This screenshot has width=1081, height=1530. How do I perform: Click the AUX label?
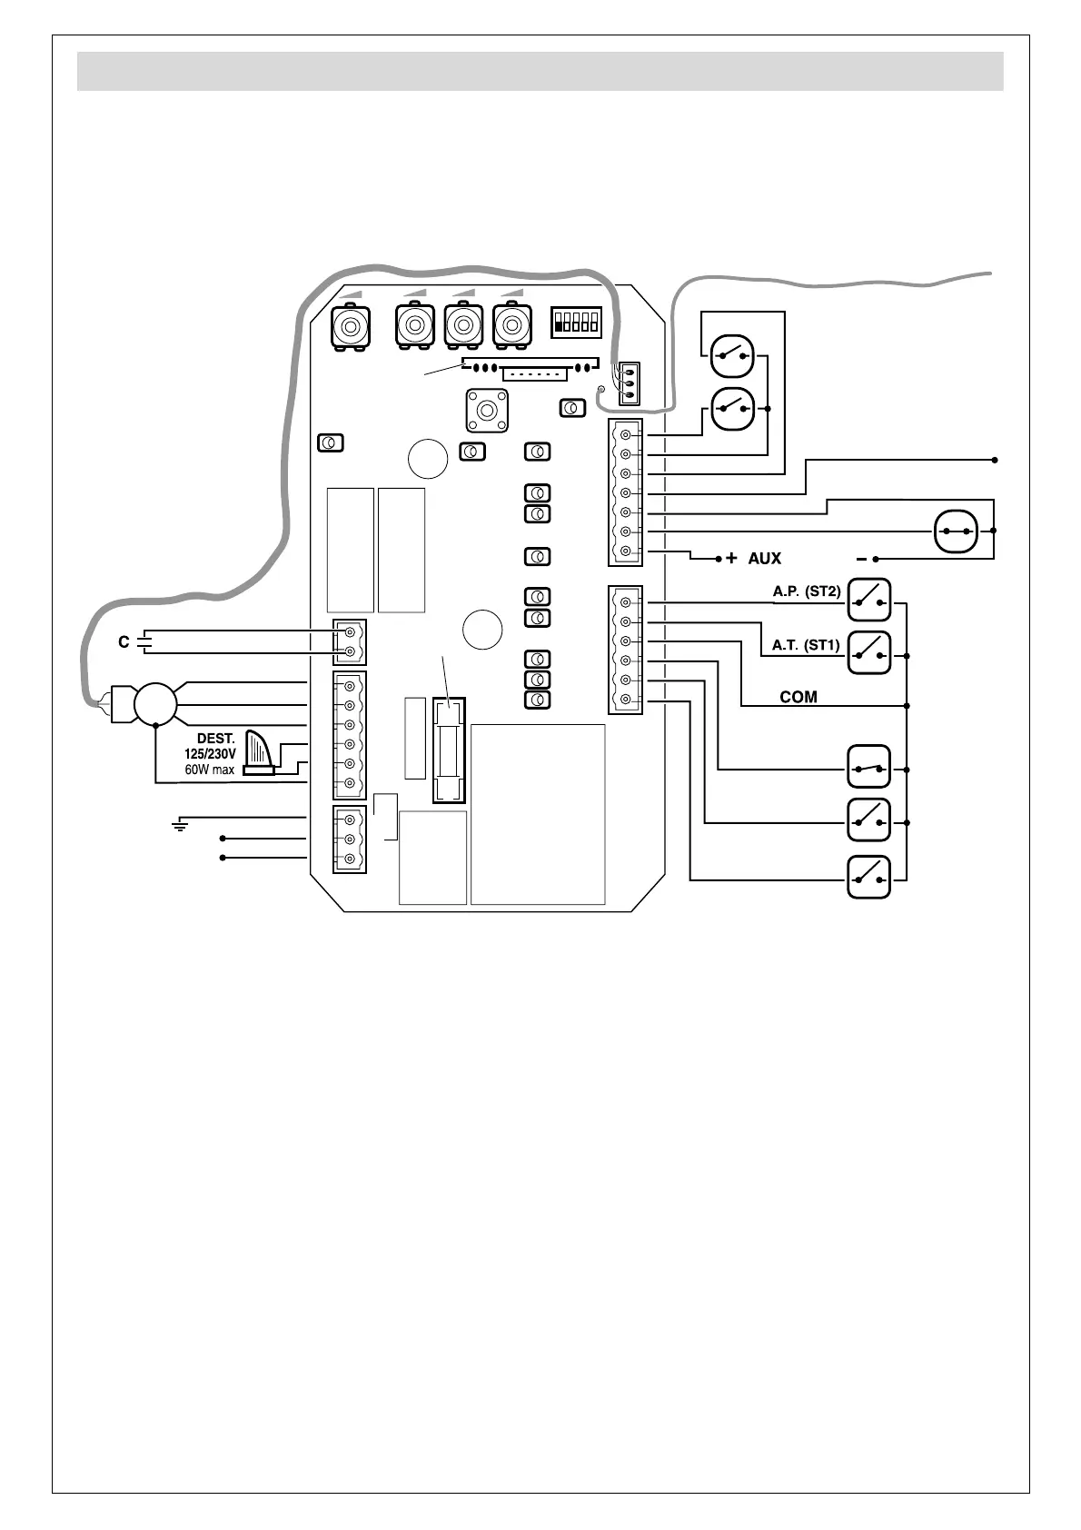coord(764,559)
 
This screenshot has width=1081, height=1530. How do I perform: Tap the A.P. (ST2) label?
coord(807,591)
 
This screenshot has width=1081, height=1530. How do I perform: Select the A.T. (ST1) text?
coord(807,645)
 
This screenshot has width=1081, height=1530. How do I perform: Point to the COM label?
coord(798,697)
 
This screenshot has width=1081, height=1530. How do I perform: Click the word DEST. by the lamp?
coord(216,739)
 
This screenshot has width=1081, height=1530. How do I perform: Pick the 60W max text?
coord(210,770)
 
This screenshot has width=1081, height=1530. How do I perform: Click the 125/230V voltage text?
coord(210,754)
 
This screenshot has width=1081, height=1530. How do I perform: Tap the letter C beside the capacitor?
coord(124,642)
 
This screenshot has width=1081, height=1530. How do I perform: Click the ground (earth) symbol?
coord(180,825)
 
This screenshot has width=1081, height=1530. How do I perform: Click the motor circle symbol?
coord(155,703)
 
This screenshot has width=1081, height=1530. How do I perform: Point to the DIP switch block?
coord(576,322)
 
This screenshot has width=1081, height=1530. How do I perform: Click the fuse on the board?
coord(449,750)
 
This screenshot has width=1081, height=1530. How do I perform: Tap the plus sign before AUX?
coord(731,559)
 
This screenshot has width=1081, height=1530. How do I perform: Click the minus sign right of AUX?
coord(861,559)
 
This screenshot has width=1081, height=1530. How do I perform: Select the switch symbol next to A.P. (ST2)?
coord(868,600)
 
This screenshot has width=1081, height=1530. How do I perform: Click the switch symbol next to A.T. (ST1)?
coord(868,652)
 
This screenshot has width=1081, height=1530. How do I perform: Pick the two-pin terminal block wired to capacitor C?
coord(350,641)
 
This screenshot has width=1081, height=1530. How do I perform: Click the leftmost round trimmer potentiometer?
coord(351,326)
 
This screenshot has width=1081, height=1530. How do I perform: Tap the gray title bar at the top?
coord(540,71)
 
